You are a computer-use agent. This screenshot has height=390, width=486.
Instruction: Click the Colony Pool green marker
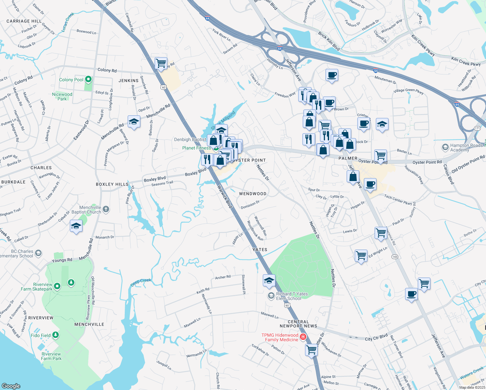click(x=88, y=79)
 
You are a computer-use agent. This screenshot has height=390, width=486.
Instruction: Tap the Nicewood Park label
click(x=62, y=97)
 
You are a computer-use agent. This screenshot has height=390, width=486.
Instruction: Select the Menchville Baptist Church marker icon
click(x=106, y=210)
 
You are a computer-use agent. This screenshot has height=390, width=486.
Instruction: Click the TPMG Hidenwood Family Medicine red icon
click(x=303, y=337)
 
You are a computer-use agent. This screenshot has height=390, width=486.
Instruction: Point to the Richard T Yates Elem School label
click(x=292, y=296)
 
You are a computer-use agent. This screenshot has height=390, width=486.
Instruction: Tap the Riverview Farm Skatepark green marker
click(x=57, y=286)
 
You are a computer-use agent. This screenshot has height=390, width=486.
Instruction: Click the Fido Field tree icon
click(x=56, y=335)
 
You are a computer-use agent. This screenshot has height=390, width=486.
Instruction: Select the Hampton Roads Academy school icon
click(x=445, y=147)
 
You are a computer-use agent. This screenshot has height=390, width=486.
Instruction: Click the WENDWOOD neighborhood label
click(x=253, y=194)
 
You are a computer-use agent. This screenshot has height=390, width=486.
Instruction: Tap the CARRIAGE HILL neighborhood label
click(x=24, y=21)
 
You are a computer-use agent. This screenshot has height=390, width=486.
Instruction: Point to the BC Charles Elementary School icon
click(x=38, y=253)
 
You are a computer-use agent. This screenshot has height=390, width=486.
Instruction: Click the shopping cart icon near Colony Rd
click(x=161, y=63)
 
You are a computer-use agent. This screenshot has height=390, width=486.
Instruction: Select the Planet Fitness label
click(x=197, y=148)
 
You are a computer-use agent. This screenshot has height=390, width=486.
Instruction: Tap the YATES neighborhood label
click(x=260, y=250)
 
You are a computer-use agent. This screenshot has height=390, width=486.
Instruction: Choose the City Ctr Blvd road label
click(x=376, y=337)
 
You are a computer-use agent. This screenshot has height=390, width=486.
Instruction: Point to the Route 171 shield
click(x=477, y=128)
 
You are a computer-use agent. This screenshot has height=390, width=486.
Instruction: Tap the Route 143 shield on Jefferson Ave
click(x=395, y=257)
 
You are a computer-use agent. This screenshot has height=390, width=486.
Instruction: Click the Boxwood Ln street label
click(x=86, y=32)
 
